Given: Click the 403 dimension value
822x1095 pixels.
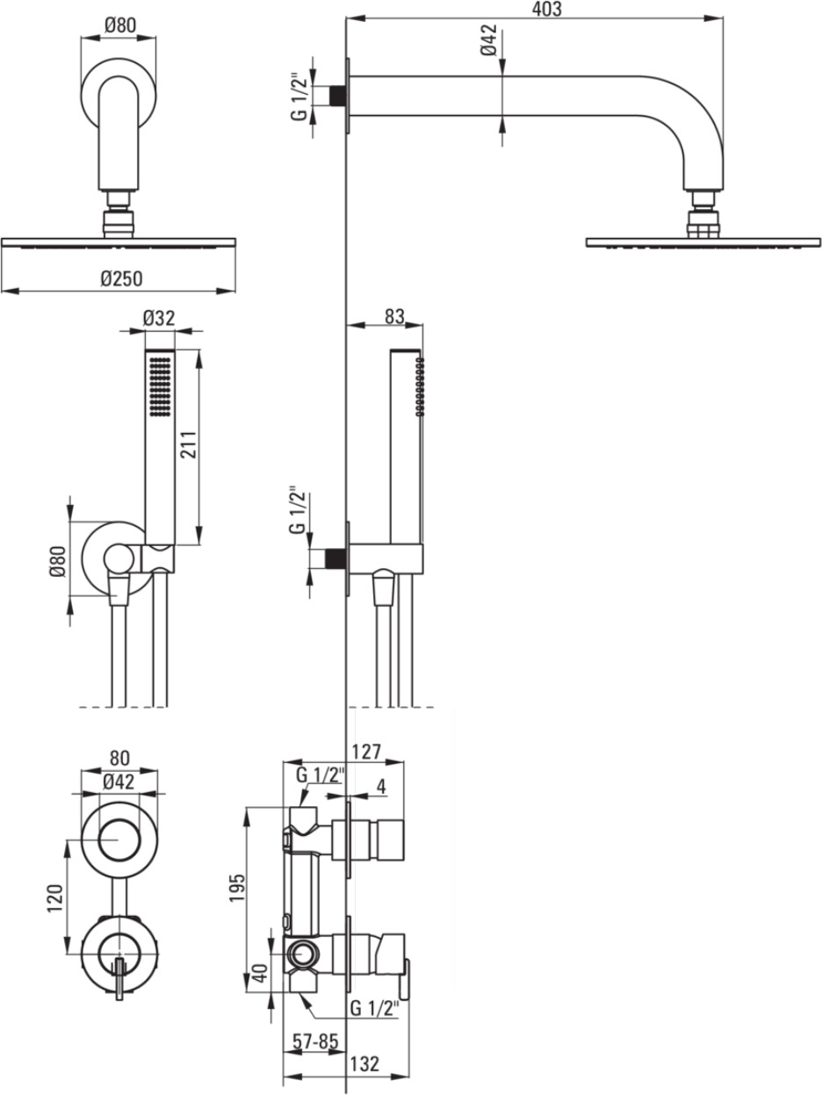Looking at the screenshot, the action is pyautogui.click(x=546, y=9).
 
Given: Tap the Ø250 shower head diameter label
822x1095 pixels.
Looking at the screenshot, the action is pyautogui.click(x=121, y=278).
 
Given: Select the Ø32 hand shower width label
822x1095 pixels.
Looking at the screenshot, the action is pyautogui.click(x=159, y=318).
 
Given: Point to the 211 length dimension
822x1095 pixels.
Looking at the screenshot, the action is pyautogui.click(x=189, y=444).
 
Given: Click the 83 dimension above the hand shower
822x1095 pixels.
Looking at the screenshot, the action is pyautogui.click(x=394, y=316).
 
